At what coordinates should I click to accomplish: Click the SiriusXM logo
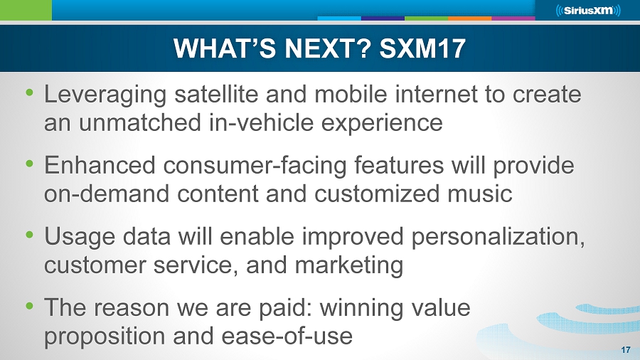[x=588, y=10]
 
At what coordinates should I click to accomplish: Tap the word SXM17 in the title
[x=422, y=48]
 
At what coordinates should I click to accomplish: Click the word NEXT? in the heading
[x=328, y=48]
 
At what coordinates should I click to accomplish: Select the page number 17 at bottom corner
[x=626, y=350]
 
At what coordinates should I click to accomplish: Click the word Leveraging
[x=105, y=95]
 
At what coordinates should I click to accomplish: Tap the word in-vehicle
[x=261, y=122]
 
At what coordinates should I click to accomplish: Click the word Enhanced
[x=100, y=165]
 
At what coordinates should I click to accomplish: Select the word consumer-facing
[x=255, y=166]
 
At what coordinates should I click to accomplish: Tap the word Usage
[x=80, y=237]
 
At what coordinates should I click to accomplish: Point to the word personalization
[x=498, y=237]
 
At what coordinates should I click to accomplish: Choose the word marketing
[x=349, y=265]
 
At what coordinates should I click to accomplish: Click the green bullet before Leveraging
[x=29, y=92]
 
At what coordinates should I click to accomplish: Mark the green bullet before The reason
[x=29, y=306]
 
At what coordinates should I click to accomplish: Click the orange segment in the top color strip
[x=470, y=18]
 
